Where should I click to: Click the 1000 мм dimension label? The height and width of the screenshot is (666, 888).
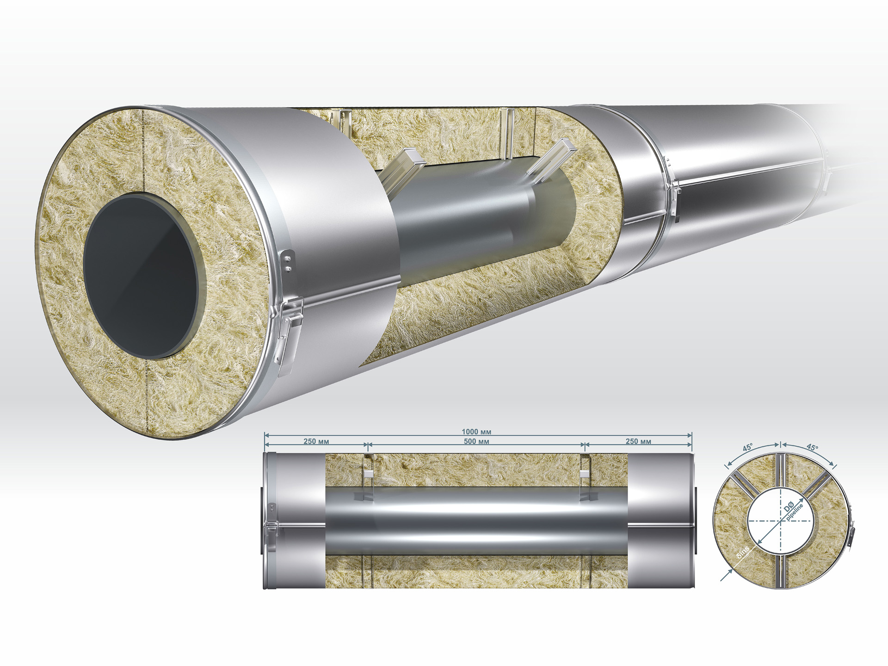(x=476, y=432)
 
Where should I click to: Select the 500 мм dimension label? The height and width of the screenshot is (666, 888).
(x=476, y=441)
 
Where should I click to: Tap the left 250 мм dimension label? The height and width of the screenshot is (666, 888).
(x=316, y=441)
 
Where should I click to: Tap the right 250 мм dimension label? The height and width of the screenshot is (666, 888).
(x=638, y=441)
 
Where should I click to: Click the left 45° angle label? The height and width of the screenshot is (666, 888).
(x=747, y=448)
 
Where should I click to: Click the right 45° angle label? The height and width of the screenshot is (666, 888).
(x=812, y=447)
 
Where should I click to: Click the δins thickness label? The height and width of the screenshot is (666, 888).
(x=743, y=552)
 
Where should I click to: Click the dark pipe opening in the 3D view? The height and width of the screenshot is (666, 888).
(x=141, y=277)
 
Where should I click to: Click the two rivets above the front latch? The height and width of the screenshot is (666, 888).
(x=288, y=261)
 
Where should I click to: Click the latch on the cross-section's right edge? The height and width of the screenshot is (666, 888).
(x=851, y=532)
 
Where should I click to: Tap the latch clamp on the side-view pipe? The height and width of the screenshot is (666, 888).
(x=271, y=527)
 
